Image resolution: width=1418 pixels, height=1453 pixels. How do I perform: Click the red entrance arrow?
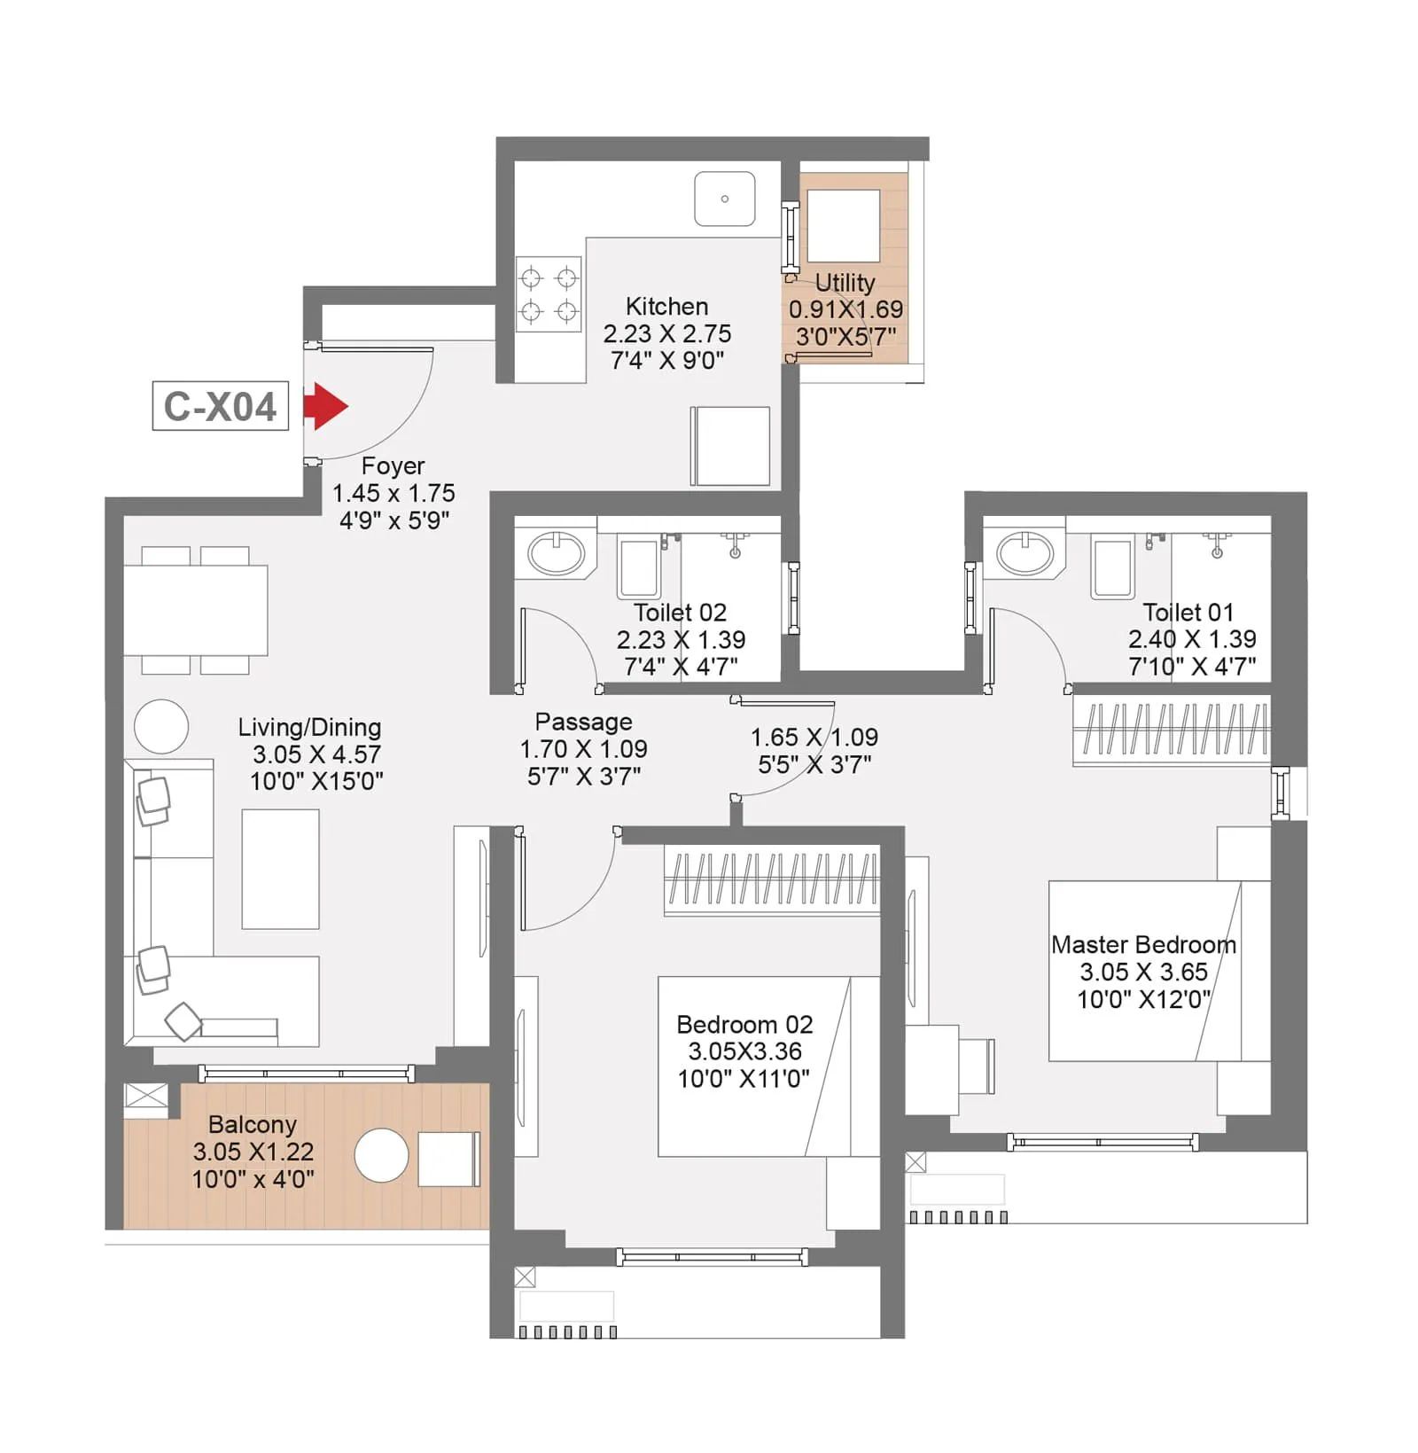click(x=325, y=407)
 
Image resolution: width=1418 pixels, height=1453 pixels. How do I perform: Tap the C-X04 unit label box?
click(x=221, y=407)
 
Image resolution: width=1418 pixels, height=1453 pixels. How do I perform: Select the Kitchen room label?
click(x=666, y=307)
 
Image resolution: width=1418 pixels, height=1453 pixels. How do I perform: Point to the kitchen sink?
click(x=725, y=199)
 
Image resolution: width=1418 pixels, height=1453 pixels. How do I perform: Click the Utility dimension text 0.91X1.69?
click(x=845, y=309)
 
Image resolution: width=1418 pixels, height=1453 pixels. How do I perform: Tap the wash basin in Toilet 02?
click(x=556, y=554)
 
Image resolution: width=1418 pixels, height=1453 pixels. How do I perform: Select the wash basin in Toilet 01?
click(x=1025, y=554)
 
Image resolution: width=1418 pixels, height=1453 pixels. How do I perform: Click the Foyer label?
click(x=393, y=466)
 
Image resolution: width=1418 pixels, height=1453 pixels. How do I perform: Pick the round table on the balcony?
click(x=381, y=1155)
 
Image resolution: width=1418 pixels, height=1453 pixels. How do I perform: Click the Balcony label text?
click(x=253, y=1124)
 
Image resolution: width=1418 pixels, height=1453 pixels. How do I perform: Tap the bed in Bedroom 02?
click(x=767, y=1066)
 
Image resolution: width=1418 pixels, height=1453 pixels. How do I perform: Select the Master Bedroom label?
click(x=1143, y=945)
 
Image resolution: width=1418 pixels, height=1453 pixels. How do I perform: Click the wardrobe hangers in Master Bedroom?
click(x=1172, y=730)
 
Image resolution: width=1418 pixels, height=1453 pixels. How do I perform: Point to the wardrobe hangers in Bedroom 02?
click(x=771, y=879)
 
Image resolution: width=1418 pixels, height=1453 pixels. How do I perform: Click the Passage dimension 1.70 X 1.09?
click(x=583, y=749)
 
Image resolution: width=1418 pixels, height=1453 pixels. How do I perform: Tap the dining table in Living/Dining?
click(x=195, y=610)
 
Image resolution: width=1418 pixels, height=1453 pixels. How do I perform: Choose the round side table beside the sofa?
click(x=161, y=726)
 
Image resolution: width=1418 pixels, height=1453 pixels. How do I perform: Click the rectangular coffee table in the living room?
click(x=280, y=869)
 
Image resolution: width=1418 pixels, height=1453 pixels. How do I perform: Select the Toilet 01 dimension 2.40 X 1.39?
click(x=1191, y=639)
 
